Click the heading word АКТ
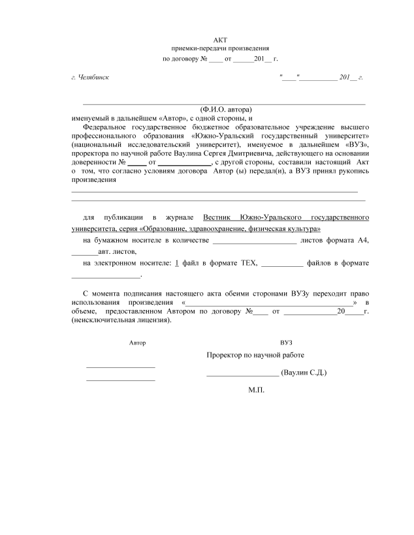tap(219, 40)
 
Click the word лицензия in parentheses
tap(153, 320)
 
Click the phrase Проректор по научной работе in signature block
tap(255, 355)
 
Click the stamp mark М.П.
tap(255, 390)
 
